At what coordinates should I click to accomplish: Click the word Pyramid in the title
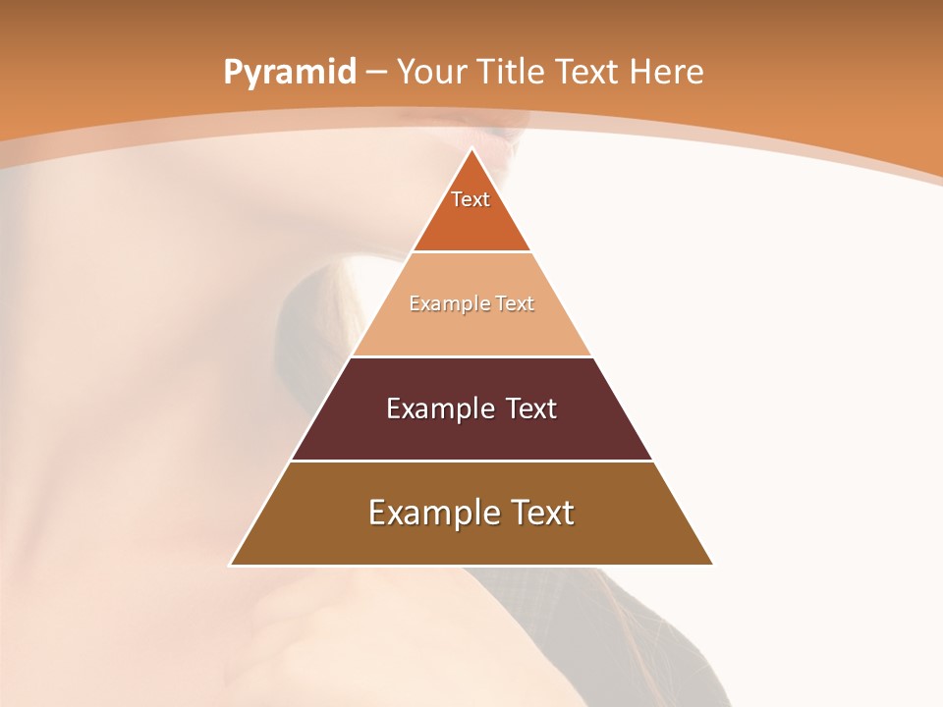tap(289, 73)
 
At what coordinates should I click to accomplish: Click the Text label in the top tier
tap(471, 199)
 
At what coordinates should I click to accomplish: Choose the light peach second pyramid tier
tap(471, 329)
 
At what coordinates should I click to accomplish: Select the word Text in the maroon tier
tap(531, 408)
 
